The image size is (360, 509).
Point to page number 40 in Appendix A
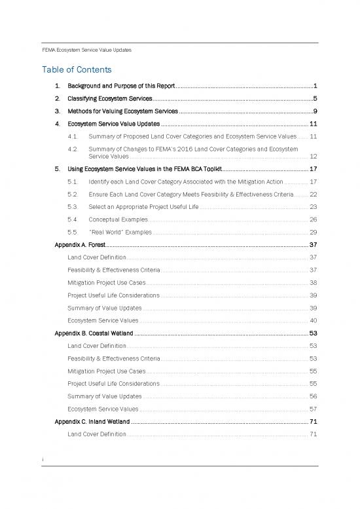click(x=313, y=320)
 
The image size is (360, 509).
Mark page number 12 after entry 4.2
click(x=313, y=157)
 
